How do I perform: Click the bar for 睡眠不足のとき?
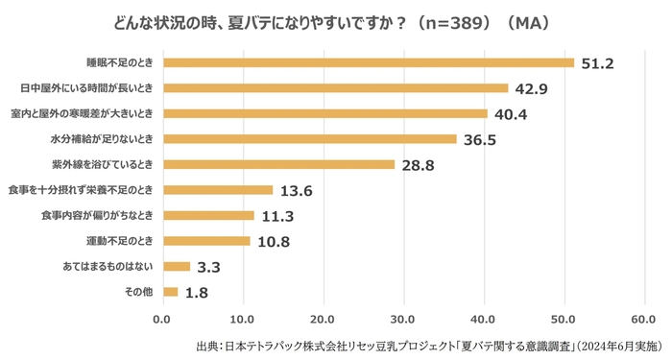[369, 62]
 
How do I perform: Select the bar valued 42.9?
[335, 88]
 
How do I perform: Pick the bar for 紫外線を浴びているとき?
[278, 164]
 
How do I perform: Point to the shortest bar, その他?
[170, 292]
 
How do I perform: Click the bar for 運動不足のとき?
[206, 241]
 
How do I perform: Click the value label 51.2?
[595, 63]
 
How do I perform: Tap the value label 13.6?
[294, 190]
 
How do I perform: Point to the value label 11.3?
[276, 216]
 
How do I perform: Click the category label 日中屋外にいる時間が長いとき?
[87, 88]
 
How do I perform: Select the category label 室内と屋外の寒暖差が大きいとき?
[84, 114]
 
